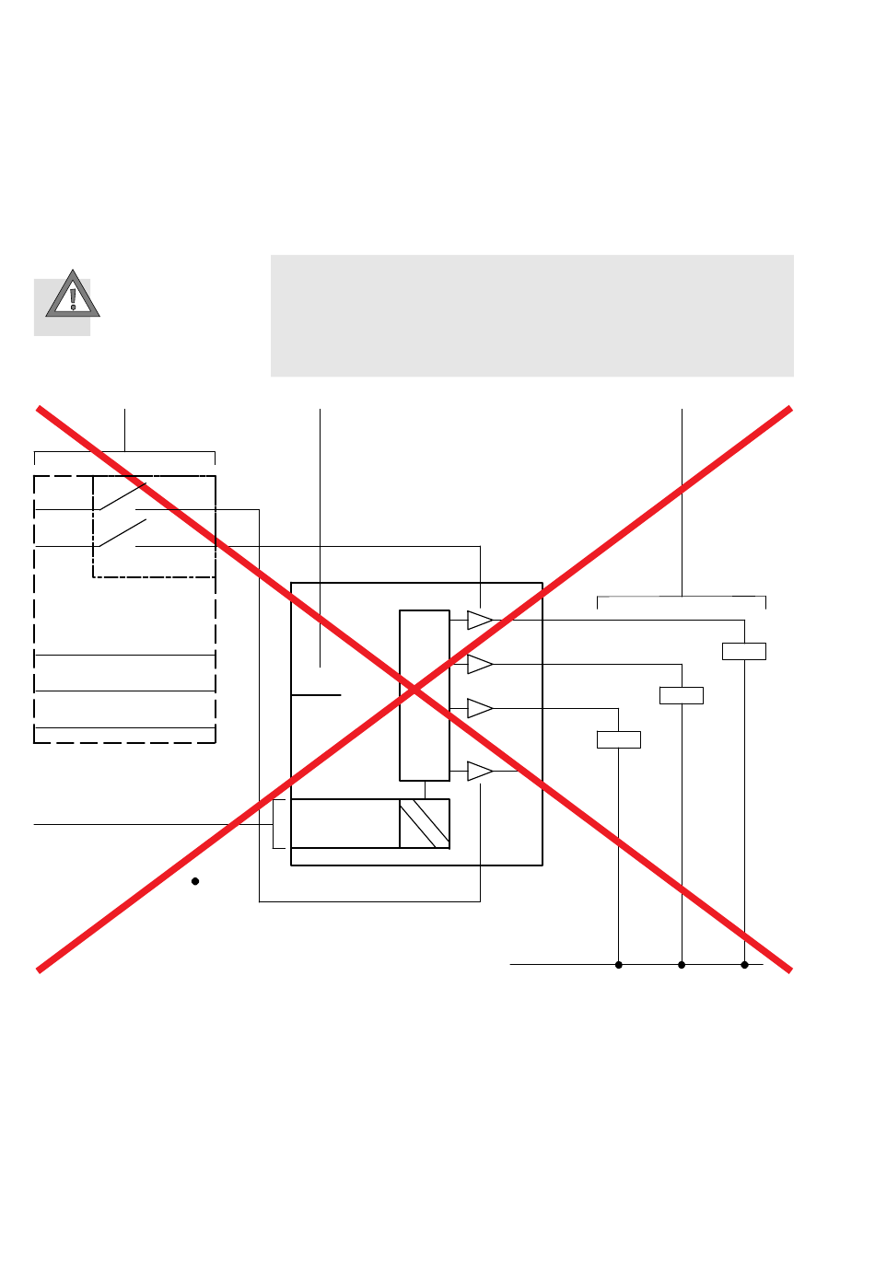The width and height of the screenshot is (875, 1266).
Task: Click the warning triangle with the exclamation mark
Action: point(73,296)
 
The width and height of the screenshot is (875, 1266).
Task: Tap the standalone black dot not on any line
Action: point(195,881)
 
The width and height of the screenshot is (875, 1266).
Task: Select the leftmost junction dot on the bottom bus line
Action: point(619,965)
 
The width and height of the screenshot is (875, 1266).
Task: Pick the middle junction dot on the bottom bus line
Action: point(682,965)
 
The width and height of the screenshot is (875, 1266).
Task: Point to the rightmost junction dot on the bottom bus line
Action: point(744,965)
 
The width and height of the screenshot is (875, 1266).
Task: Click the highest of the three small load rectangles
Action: point(744,651)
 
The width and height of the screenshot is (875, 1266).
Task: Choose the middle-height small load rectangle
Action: point(682,695)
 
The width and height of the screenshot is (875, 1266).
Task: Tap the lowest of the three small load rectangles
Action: point(619,739)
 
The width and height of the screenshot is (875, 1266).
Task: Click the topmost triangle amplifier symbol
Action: point(479,620)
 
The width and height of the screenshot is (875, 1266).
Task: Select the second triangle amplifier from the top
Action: point(479,664)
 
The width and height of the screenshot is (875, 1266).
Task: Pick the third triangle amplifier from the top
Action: point(479,708)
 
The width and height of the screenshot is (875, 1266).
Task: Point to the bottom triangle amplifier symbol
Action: point(479,771)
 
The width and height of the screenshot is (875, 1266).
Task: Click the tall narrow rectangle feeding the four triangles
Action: point(425,695)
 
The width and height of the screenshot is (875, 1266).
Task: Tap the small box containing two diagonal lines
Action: point(425,823)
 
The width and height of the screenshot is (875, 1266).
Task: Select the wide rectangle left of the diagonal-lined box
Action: point(345,823)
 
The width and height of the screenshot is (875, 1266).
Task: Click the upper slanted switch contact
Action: point(122,495)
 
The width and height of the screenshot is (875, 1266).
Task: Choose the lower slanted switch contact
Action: point(122,533)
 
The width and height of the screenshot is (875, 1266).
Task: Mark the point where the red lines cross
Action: point(414,689)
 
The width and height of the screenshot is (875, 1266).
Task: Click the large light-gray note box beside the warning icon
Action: point(531,316)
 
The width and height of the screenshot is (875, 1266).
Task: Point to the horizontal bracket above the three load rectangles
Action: point(682,598)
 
